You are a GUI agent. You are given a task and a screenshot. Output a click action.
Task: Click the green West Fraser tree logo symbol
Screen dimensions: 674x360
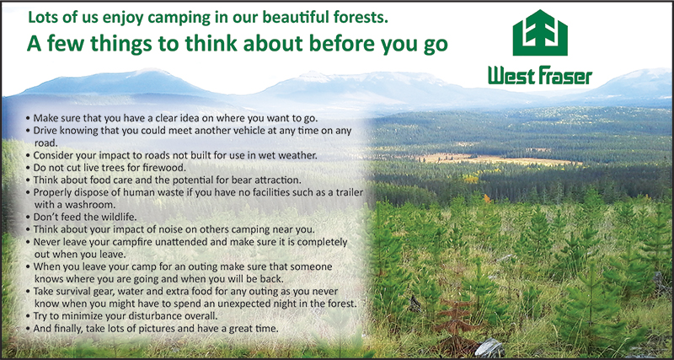540,33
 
